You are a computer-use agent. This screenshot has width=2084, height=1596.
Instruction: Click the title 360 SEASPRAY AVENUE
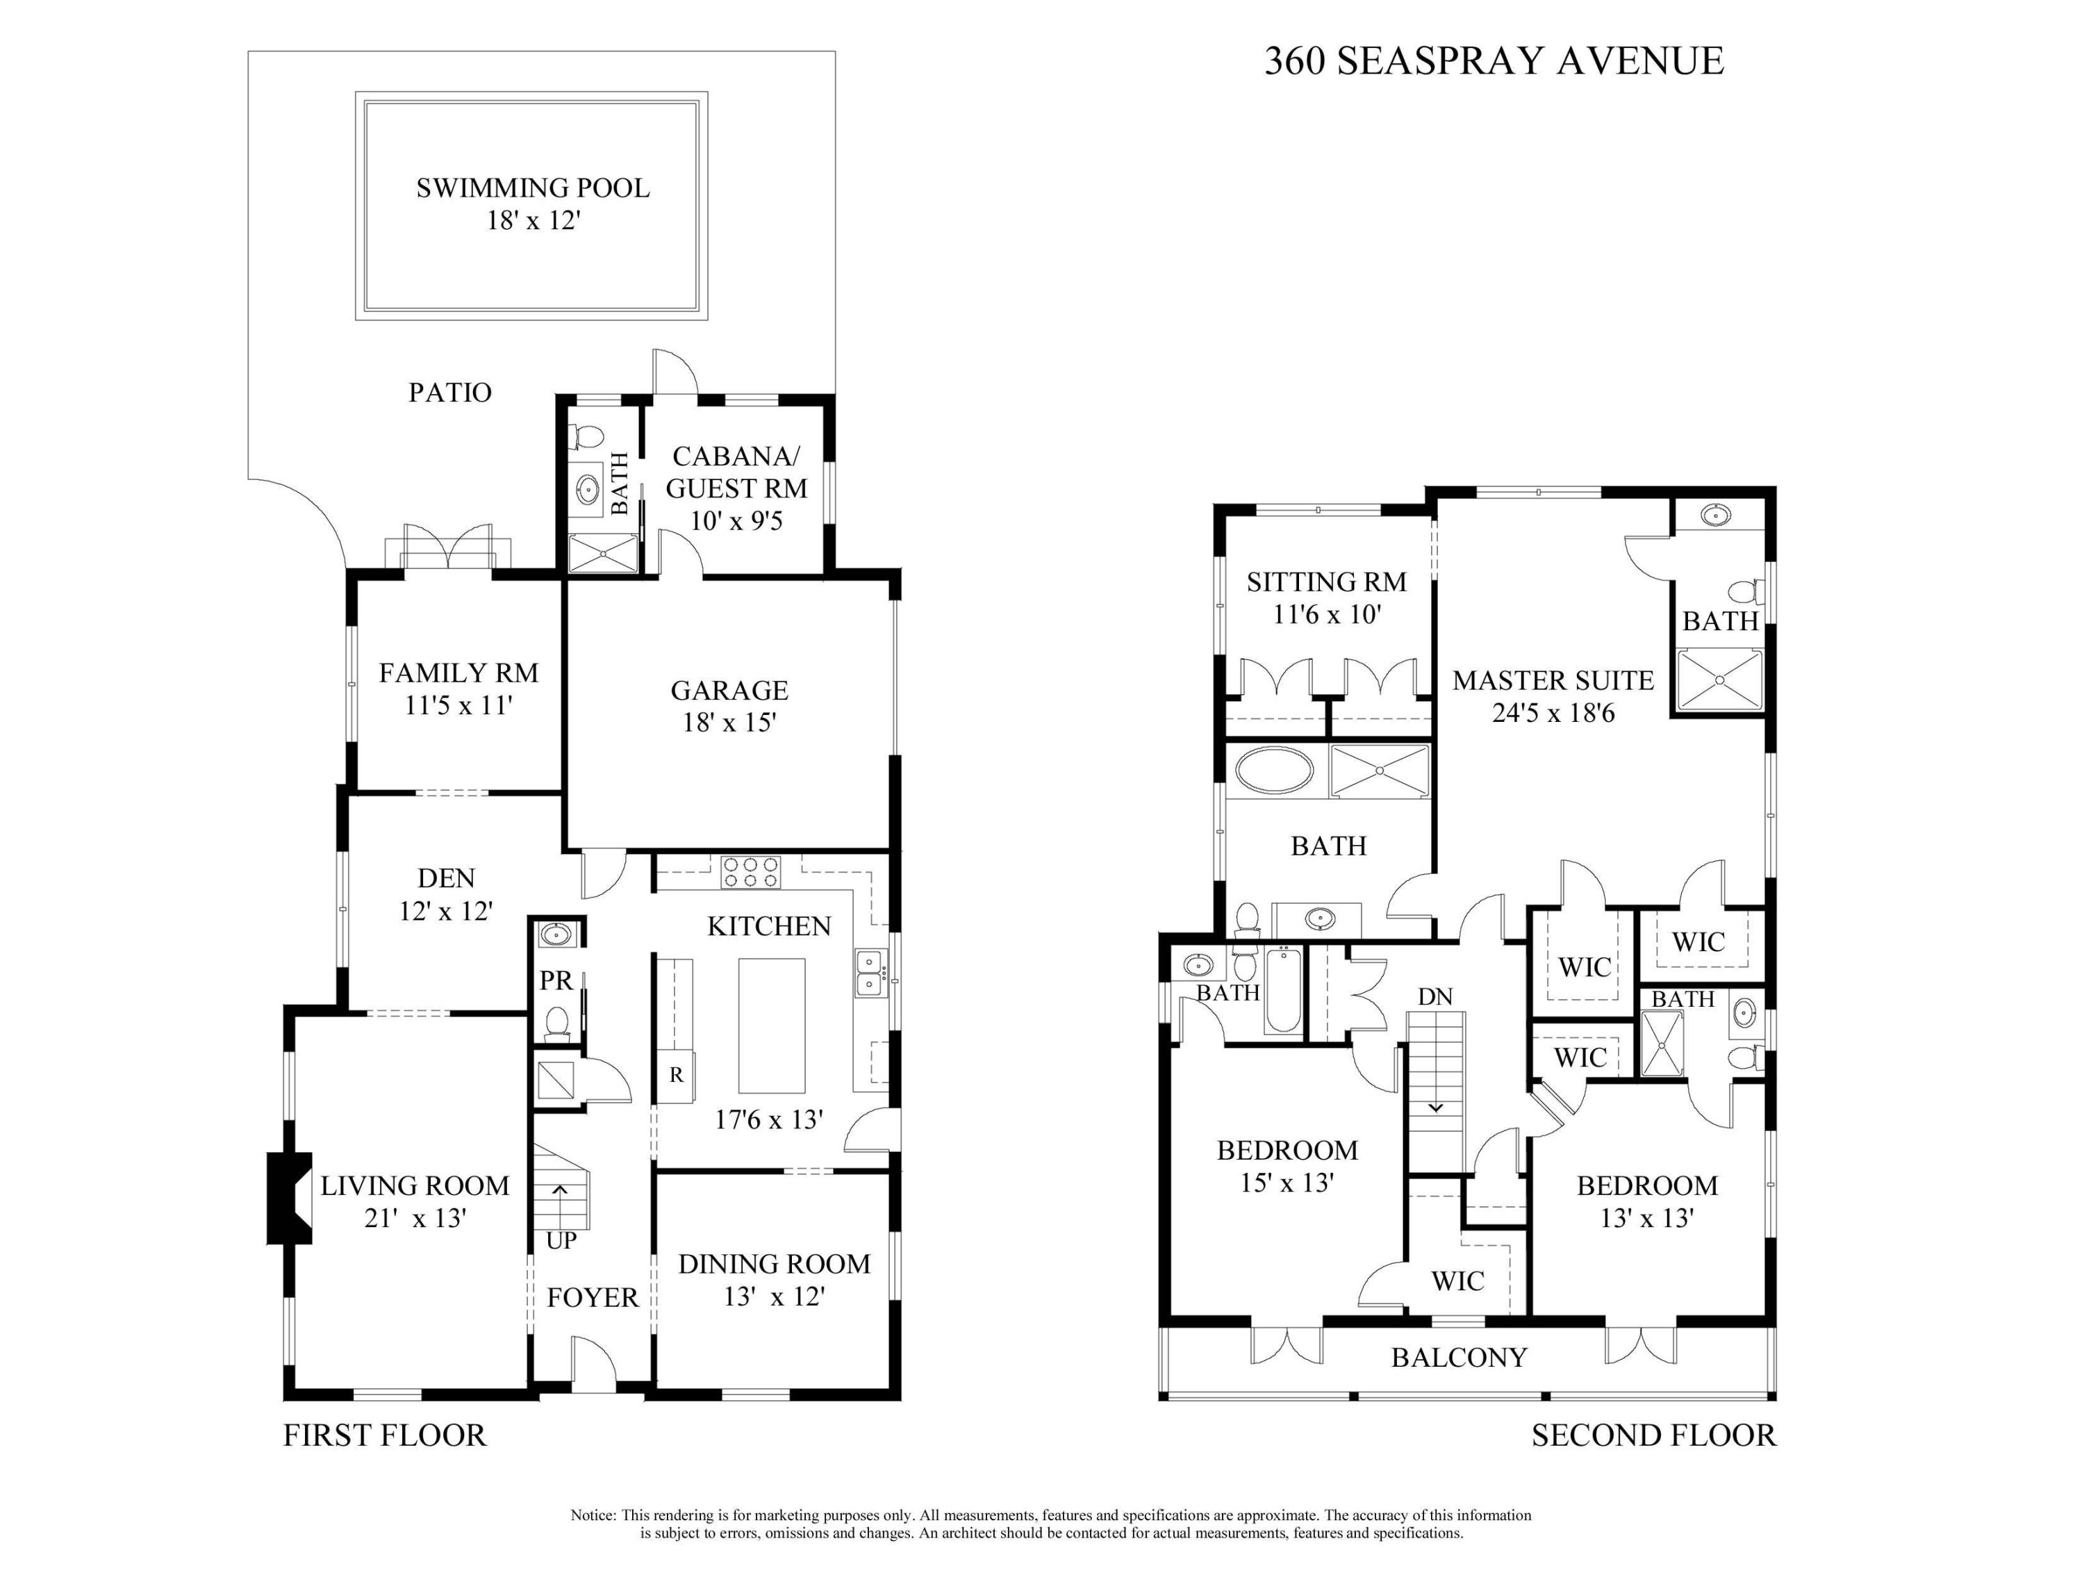click(1493, 61)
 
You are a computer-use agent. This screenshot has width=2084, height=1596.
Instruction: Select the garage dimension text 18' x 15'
click(729, 723)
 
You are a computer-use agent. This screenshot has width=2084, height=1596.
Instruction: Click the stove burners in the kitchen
click(750, 872)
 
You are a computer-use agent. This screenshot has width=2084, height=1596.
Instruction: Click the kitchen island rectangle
click(771, 1026)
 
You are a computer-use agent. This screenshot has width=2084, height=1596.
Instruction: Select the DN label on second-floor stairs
click(1435, 996)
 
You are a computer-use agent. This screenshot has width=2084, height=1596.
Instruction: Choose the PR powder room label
click(556, 980)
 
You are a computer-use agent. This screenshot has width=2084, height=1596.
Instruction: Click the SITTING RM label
click(1326, 582)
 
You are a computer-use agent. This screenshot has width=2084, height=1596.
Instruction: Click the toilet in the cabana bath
click(589, 437)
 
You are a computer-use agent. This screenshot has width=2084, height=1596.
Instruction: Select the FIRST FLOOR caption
click(385, 1435)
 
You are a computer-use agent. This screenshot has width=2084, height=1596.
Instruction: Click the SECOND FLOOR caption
click(1653, 1435)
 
